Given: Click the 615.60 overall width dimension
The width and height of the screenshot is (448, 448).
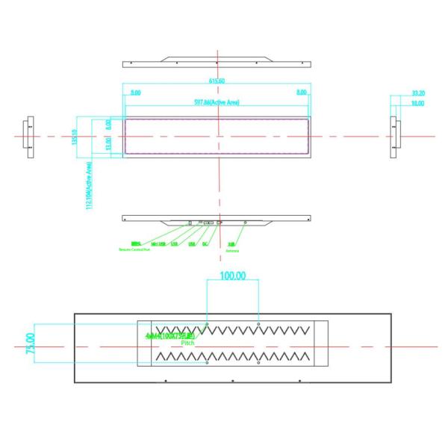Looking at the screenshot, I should [x=217, y=81].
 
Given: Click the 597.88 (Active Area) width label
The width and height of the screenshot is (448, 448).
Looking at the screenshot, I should [x=217, y=102].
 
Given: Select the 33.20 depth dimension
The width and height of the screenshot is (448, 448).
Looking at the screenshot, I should [x=418, y=93].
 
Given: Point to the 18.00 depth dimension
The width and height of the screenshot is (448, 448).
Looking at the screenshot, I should [x=418, y=103].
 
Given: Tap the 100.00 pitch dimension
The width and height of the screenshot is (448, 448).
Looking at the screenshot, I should [x=232, y=276].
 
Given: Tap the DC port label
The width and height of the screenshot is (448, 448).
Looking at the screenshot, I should [x=205, y=243].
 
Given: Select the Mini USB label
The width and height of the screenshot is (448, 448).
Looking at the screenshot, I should [x=158, y=243].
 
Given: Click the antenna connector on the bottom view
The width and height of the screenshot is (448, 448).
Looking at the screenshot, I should [x=246, y=222].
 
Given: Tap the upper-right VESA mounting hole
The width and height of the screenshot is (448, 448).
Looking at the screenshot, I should [x=258, y=326].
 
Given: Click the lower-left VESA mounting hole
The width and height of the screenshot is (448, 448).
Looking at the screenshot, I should [x=207, y=364].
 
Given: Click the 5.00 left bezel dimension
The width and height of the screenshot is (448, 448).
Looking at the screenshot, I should [x=135, y=92].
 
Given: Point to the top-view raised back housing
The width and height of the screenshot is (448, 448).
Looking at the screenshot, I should [x=217, y=57].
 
